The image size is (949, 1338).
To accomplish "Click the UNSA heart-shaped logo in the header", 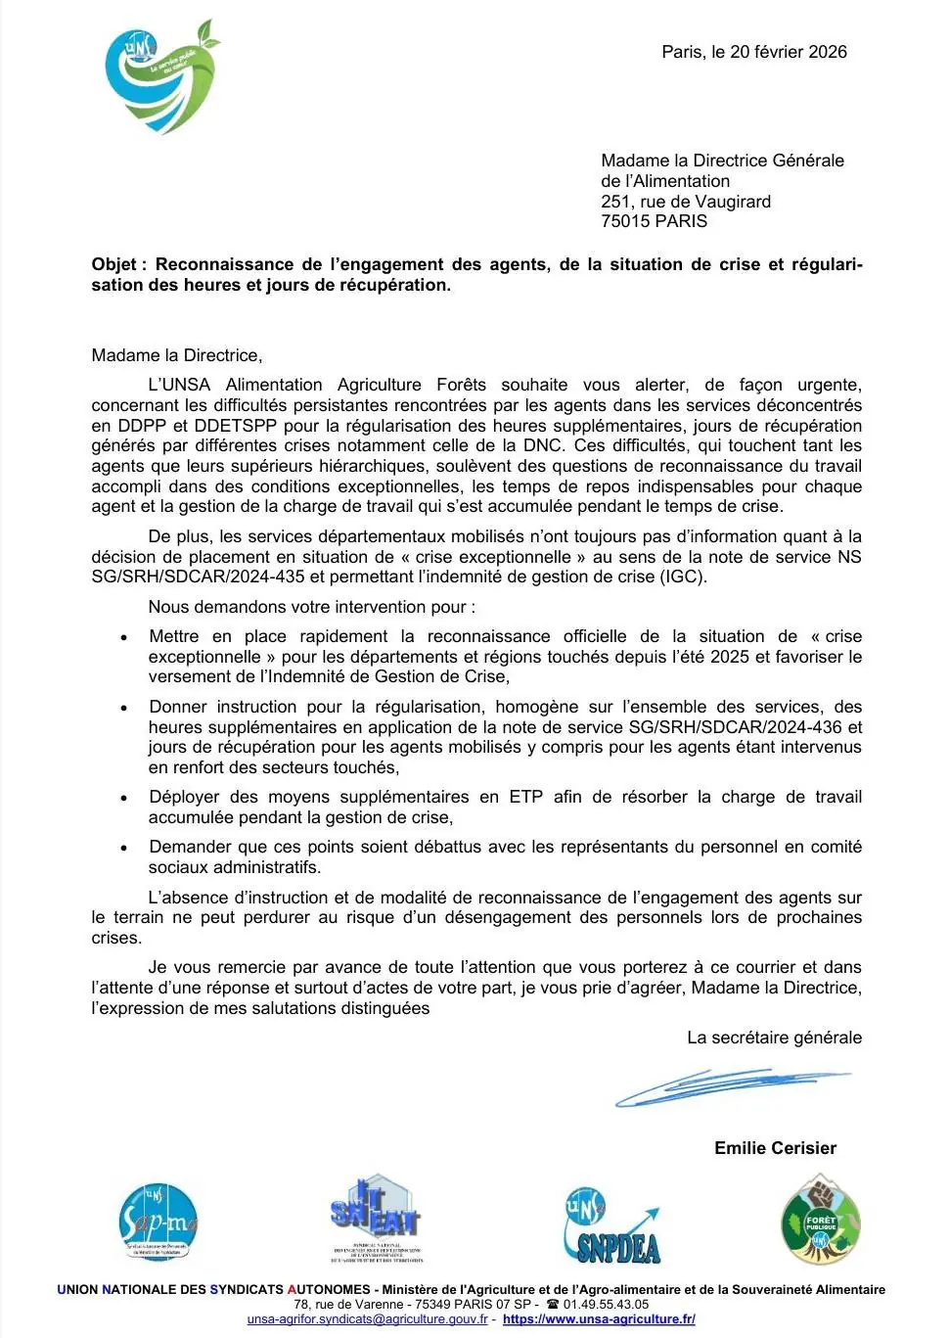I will tap(162, 77).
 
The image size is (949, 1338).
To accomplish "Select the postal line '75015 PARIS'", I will tap(654, 221).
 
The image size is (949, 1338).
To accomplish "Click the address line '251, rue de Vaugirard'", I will tap(686, 202).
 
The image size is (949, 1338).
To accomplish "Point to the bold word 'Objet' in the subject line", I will tap(114, 264).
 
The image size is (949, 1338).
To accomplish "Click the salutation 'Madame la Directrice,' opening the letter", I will tap(177, 355).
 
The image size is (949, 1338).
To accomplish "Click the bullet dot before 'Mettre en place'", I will tap(124, 637).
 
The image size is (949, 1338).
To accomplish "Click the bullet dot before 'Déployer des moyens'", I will tap(124, 798).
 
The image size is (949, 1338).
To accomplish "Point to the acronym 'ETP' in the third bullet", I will tap(525, 797).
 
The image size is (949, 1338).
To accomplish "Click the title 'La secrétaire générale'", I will tap(774, 1038).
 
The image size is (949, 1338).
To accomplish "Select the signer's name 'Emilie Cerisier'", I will tap(775, 1148).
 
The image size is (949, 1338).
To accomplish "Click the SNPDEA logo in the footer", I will tap(611, 1226).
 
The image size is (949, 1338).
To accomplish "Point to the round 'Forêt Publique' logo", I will tap(820, 1222).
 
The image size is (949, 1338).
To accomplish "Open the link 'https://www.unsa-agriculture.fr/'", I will tap(599, 1319).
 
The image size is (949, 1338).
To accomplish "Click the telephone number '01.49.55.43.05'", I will tap(606, 1304).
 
